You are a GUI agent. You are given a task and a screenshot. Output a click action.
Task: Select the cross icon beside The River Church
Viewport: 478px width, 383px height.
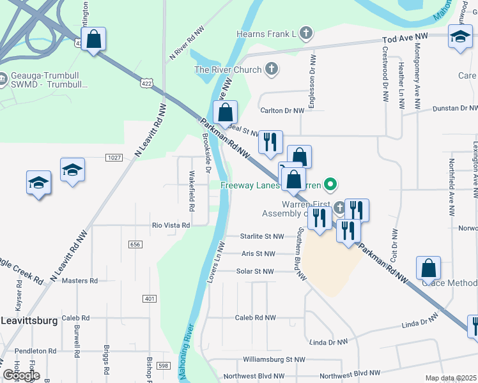(x=272, y=70)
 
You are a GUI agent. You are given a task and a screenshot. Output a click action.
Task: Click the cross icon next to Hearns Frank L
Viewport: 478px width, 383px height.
(x=306, y=33)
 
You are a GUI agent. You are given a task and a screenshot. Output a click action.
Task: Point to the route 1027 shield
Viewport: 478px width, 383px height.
(x=114, y=158)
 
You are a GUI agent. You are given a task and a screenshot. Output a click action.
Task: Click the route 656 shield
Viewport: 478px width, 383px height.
(x=135, y=244)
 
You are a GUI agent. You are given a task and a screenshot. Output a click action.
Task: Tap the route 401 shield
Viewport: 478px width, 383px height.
(x=150, y=299)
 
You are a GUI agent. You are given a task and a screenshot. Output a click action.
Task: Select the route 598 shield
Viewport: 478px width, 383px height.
(x=164, y=365)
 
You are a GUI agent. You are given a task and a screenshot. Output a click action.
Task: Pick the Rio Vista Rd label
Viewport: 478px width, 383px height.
(x=171, y=225)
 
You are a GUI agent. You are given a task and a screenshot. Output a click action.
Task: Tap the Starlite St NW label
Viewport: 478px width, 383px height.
(x=262, y=236)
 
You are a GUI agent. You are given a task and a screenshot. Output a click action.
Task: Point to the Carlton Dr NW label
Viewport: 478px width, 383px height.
(x=285, y=110)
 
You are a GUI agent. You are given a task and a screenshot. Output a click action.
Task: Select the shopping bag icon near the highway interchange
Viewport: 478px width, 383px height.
(x=93, y=40)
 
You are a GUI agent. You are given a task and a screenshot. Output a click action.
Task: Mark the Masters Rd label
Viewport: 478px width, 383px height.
(x=80, y=280)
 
